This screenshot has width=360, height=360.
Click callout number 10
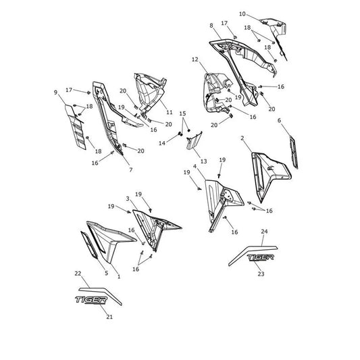coord(242,14)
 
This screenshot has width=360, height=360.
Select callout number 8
coord(211,26)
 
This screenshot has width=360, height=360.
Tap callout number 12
coord(195,59)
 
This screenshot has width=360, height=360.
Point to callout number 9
coord(55,93)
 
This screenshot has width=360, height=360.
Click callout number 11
coord(170,112)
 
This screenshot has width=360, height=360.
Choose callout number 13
coord(204,161)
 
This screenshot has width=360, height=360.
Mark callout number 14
coord(162,143)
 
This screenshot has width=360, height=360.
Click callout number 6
coord(279,120)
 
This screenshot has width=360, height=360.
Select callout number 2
coord(242,138)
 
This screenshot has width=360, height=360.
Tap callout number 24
coord(264,232)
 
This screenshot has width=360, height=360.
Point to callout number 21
coord(109,317)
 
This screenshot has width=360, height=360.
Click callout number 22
coord(78,274)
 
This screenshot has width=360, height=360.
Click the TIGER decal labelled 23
coord(260,257)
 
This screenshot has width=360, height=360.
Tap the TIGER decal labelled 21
coord(91,300)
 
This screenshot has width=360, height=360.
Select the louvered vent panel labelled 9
coord(75,127)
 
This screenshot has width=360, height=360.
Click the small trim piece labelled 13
coord(194,140)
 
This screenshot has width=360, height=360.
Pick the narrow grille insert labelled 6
coord(294,152)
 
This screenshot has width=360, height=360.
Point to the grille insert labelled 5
coord(89,245)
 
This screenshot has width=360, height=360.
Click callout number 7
coord(131,170)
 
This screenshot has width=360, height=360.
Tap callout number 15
coord(182,113)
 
